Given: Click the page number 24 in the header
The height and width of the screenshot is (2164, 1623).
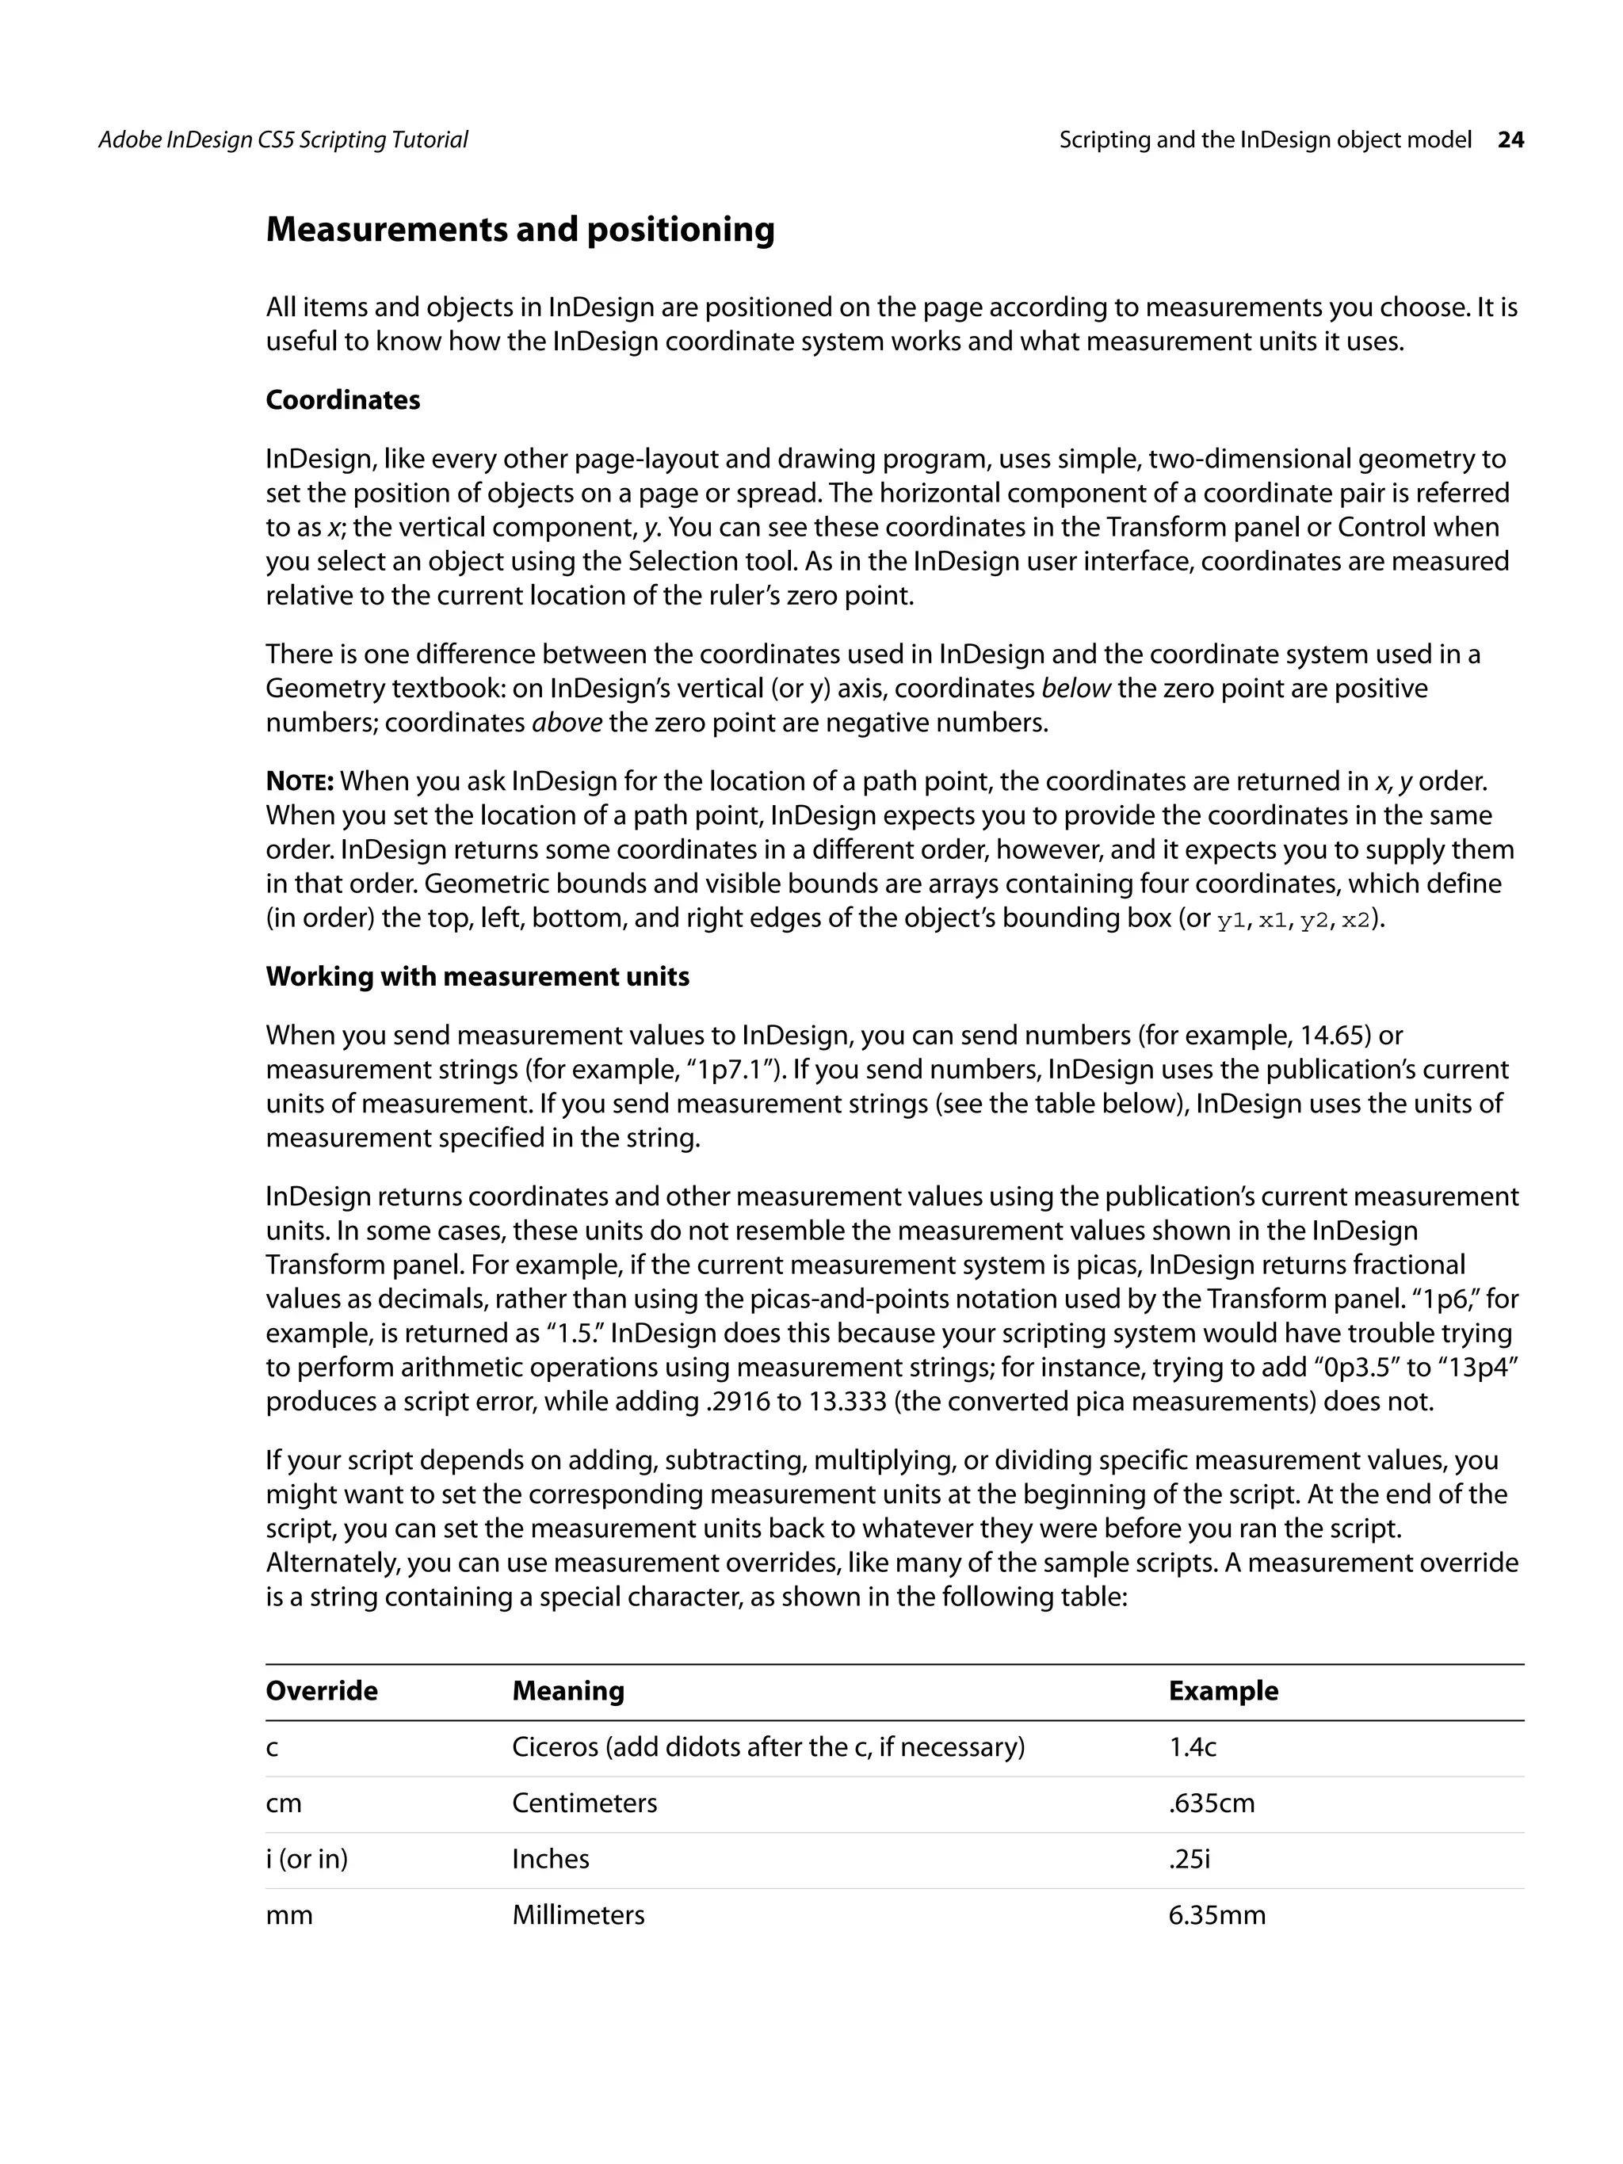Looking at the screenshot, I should [1510, 140].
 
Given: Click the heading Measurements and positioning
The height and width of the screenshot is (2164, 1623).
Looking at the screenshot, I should [520, 230].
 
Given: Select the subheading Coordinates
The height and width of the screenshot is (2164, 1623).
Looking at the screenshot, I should [342, 400].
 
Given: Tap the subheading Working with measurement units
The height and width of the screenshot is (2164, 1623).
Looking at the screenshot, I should [477, 976].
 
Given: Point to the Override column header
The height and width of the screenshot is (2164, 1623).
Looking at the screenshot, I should [321, 1690].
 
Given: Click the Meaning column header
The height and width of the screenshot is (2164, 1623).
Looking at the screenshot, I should [567, 1690].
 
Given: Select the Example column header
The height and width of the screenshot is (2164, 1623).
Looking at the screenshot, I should [1222, 1690].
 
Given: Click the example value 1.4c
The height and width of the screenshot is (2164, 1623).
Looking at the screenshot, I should [1192, 1747].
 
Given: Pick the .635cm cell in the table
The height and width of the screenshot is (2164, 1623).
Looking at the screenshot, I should [1210, 1803].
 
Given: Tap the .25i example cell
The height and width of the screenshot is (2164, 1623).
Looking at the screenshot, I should [1189, 1859].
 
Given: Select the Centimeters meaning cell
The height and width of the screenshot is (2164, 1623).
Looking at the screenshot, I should [584, 1803].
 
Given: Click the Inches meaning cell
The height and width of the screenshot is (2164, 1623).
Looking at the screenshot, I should [550, 1859].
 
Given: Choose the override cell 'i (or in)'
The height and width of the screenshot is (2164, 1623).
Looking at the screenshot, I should [306, 1859].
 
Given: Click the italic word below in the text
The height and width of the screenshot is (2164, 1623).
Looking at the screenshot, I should [1075, 689].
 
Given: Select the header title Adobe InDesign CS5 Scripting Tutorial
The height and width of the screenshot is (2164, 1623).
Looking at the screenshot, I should [283, 140].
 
